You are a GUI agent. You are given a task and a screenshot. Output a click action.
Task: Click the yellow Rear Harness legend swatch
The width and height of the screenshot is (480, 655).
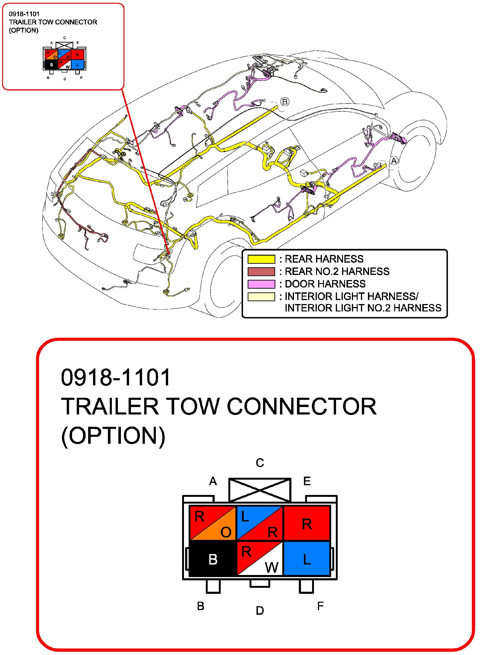(261, 259)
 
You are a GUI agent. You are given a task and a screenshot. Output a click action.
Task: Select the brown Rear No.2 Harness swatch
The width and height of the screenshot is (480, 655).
(261, 271)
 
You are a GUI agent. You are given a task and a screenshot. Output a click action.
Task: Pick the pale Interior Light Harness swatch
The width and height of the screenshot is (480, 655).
(261, 296)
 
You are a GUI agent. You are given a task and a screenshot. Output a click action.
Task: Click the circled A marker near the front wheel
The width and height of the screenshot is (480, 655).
(394, 161)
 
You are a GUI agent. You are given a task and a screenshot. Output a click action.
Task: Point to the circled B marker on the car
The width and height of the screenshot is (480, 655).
(285, 102)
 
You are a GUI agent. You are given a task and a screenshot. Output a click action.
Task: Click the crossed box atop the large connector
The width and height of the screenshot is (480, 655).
(260, 490)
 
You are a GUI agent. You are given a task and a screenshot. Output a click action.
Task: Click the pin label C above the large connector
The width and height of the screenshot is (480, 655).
(260, 463)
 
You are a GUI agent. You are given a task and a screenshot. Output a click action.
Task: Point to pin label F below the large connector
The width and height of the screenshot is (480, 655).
(320, 606)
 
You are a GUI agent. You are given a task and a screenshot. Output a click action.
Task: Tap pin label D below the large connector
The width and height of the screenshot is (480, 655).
(260, 611)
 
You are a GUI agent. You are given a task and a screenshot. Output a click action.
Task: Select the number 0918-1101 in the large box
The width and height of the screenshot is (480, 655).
(116, 378)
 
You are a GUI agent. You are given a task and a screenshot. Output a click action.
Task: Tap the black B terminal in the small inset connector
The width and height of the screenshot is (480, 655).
(51, 64)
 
